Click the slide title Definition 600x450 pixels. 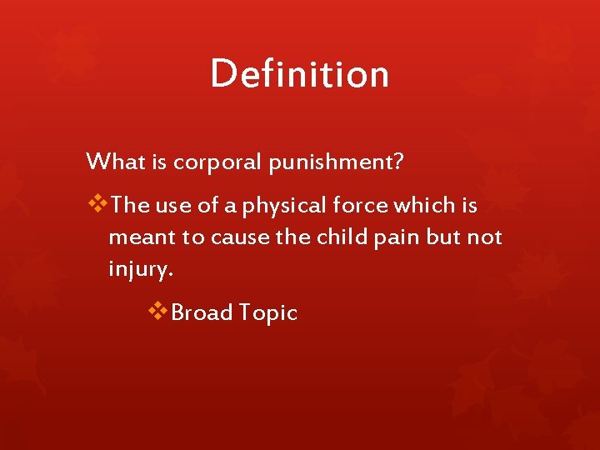299,73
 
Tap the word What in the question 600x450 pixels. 116,161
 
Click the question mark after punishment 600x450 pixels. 398,161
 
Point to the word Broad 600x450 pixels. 201,312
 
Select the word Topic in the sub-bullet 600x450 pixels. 267,313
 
